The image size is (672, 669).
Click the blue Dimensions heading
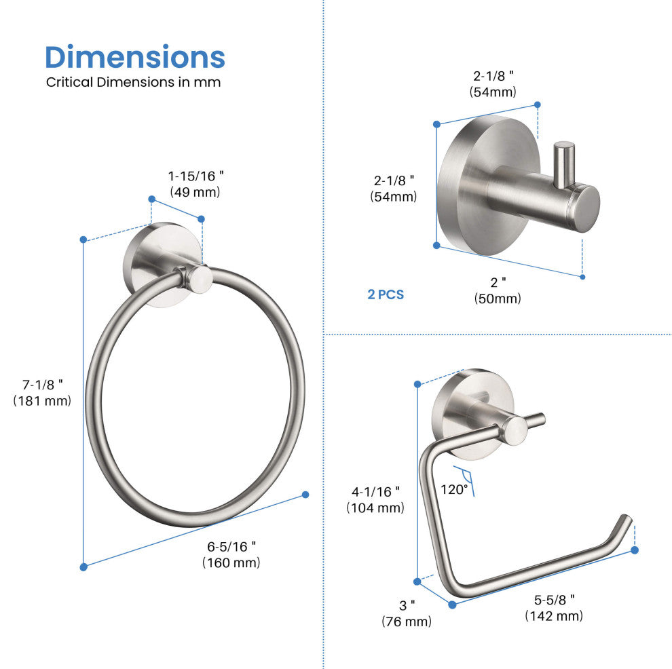click(135, 57)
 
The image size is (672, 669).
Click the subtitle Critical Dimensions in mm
click(133, 82)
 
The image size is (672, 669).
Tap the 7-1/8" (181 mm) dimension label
click(42, 393)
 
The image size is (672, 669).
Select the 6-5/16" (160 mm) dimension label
click(231, 554)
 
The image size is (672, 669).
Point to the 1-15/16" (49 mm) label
click(195, 184)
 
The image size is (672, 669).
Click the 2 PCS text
click(386, 294)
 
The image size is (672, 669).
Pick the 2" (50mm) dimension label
click(498, 290)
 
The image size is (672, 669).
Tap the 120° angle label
click(454, 489)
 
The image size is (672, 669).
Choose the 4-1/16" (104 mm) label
click(375, 499)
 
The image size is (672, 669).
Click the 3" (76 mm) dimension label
click(407, 613)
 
